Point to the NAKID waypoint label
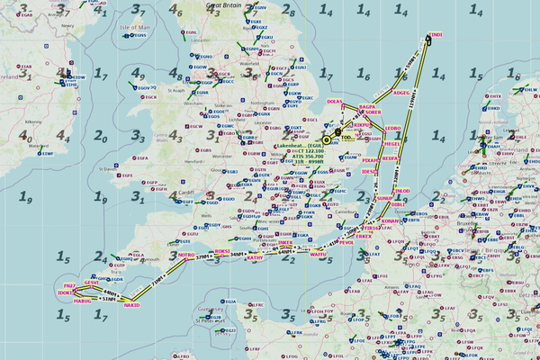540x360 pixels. click(x=132, y=305)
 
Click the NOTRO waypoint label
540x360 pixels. click(x=185, y=255)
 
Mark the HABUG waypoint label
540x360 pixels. click(x=82, y=301)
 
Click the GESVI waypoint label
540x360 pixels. click(x=91, y=283)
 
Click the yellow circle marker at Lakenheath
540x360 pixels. click(x=326, y=139)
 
